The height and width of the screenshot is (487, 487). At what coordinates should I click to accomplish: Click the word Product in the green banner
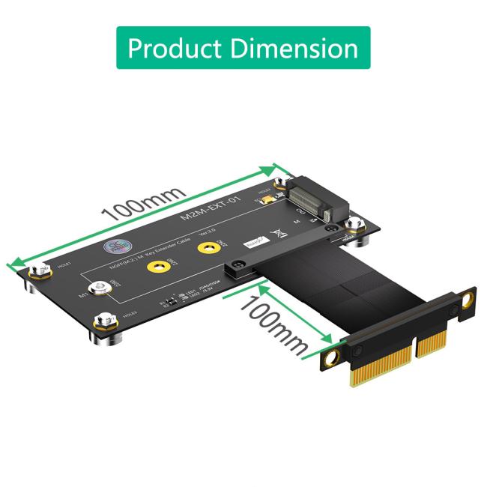(x=173, y=48)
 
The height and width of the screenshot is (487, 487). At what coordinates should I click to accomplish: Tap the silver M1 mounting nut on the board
(x=98, y=287)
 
